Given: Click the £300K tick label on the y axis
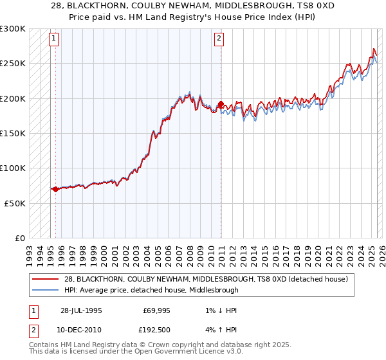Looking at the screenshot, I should pos(13,29).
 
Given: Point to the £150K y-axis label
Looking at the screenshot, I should pos(13,133).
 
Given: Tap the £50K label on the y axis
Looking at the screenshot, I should pos(15,203).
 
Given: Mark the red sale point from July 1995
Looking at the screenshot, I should pos(56,189).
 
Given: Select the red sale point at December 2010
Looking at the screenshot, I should pos(220,104).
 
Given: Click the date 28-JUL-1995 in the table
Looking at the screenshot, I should pos(80,310).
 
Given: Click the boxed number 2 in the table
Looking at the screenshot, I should pos(32,330).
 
